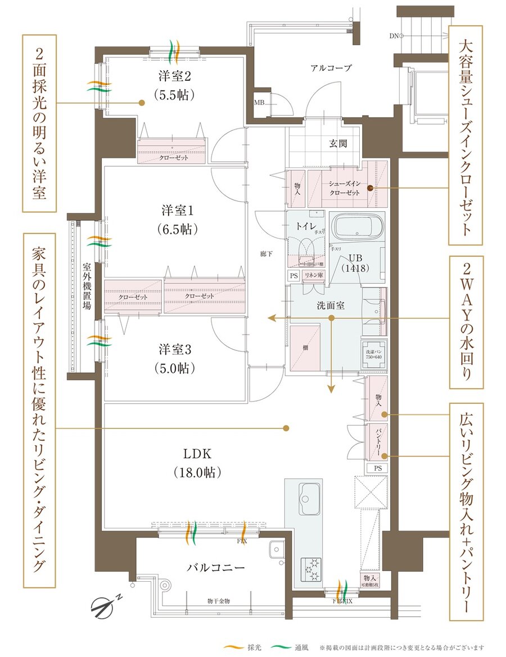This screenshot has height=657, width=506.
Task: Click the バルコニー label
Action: click(215, 567)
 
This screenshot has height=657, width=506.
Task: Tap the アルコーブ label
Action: click(331, 68)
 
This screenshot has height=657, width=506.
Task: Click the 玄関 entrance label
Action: click(338, 144)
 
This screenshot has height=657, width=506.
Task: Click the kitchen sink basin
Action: click(306, 498)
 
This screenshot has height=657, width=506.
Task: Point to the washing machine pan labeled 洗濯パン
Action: click(373, 354)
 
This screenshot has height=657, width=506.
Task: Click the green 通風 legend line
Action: click(278, 647)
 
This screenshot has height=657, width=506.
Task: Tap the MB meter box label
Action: click(259, 103)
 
